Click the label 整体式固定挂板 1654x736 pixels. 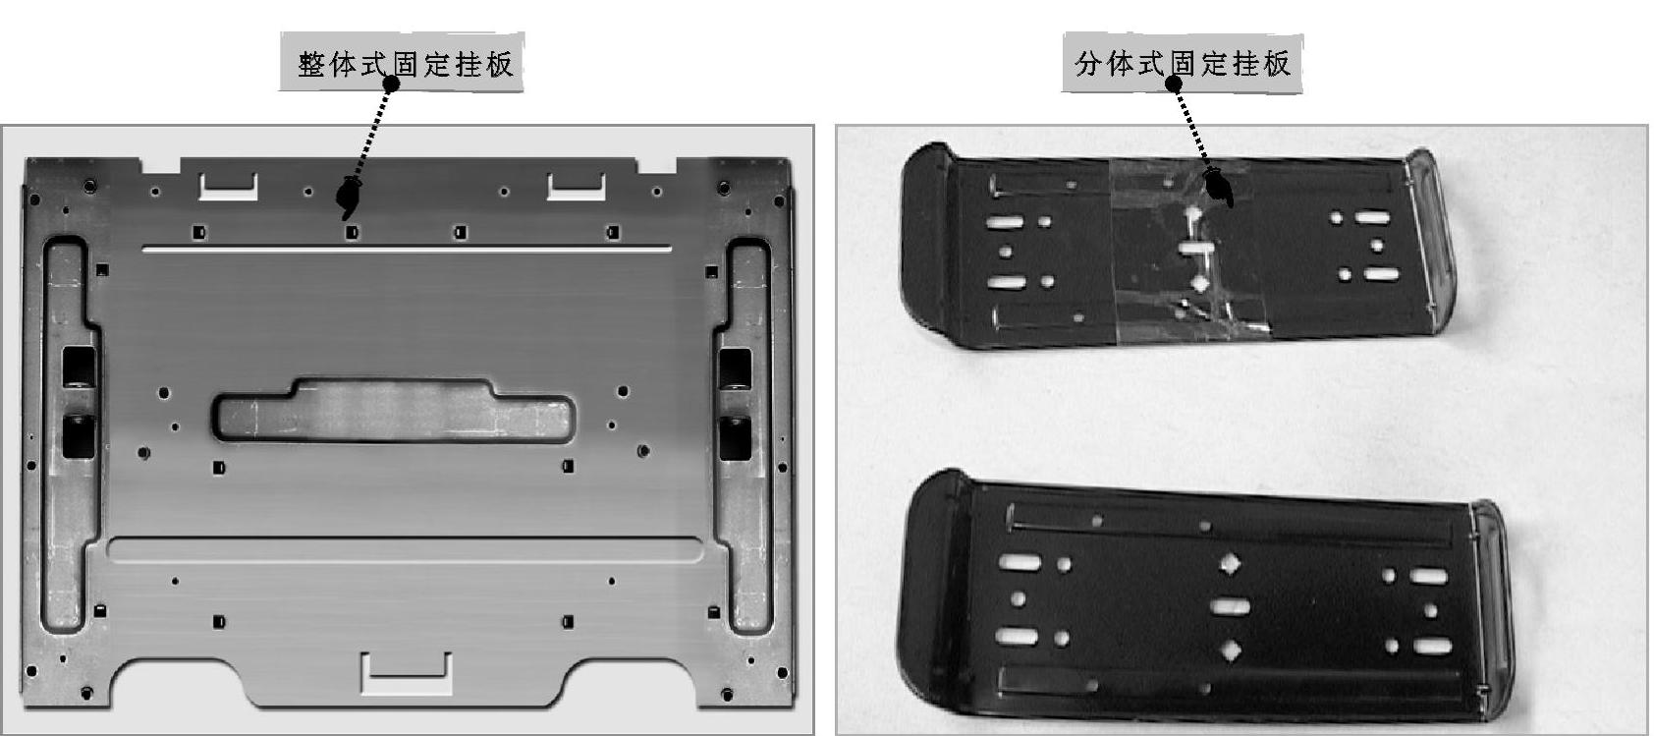(x=406, y=64)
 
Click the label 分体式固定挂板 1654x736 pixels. (x=1183, y=64)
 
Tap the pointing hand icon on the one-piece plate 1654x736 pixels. (x=348, y=196)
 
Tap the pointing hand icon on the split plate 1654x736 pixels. (x=1220, y=188)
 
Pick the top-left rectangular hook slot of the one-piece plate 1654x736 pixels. (x=228, y=187)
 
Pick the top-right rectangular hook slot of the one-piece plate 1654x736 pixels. (x=576, y=187)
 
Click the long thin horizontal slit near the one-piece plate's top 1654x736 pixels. (x=407, y=250)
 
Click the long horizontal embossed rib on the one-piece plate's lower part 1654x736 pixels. (x=405, y=550)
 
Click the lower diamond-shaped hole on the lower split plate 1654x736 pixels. (x=1231, y=651)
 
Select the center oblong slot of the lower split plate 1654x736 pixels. (x=1230, y=607)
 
